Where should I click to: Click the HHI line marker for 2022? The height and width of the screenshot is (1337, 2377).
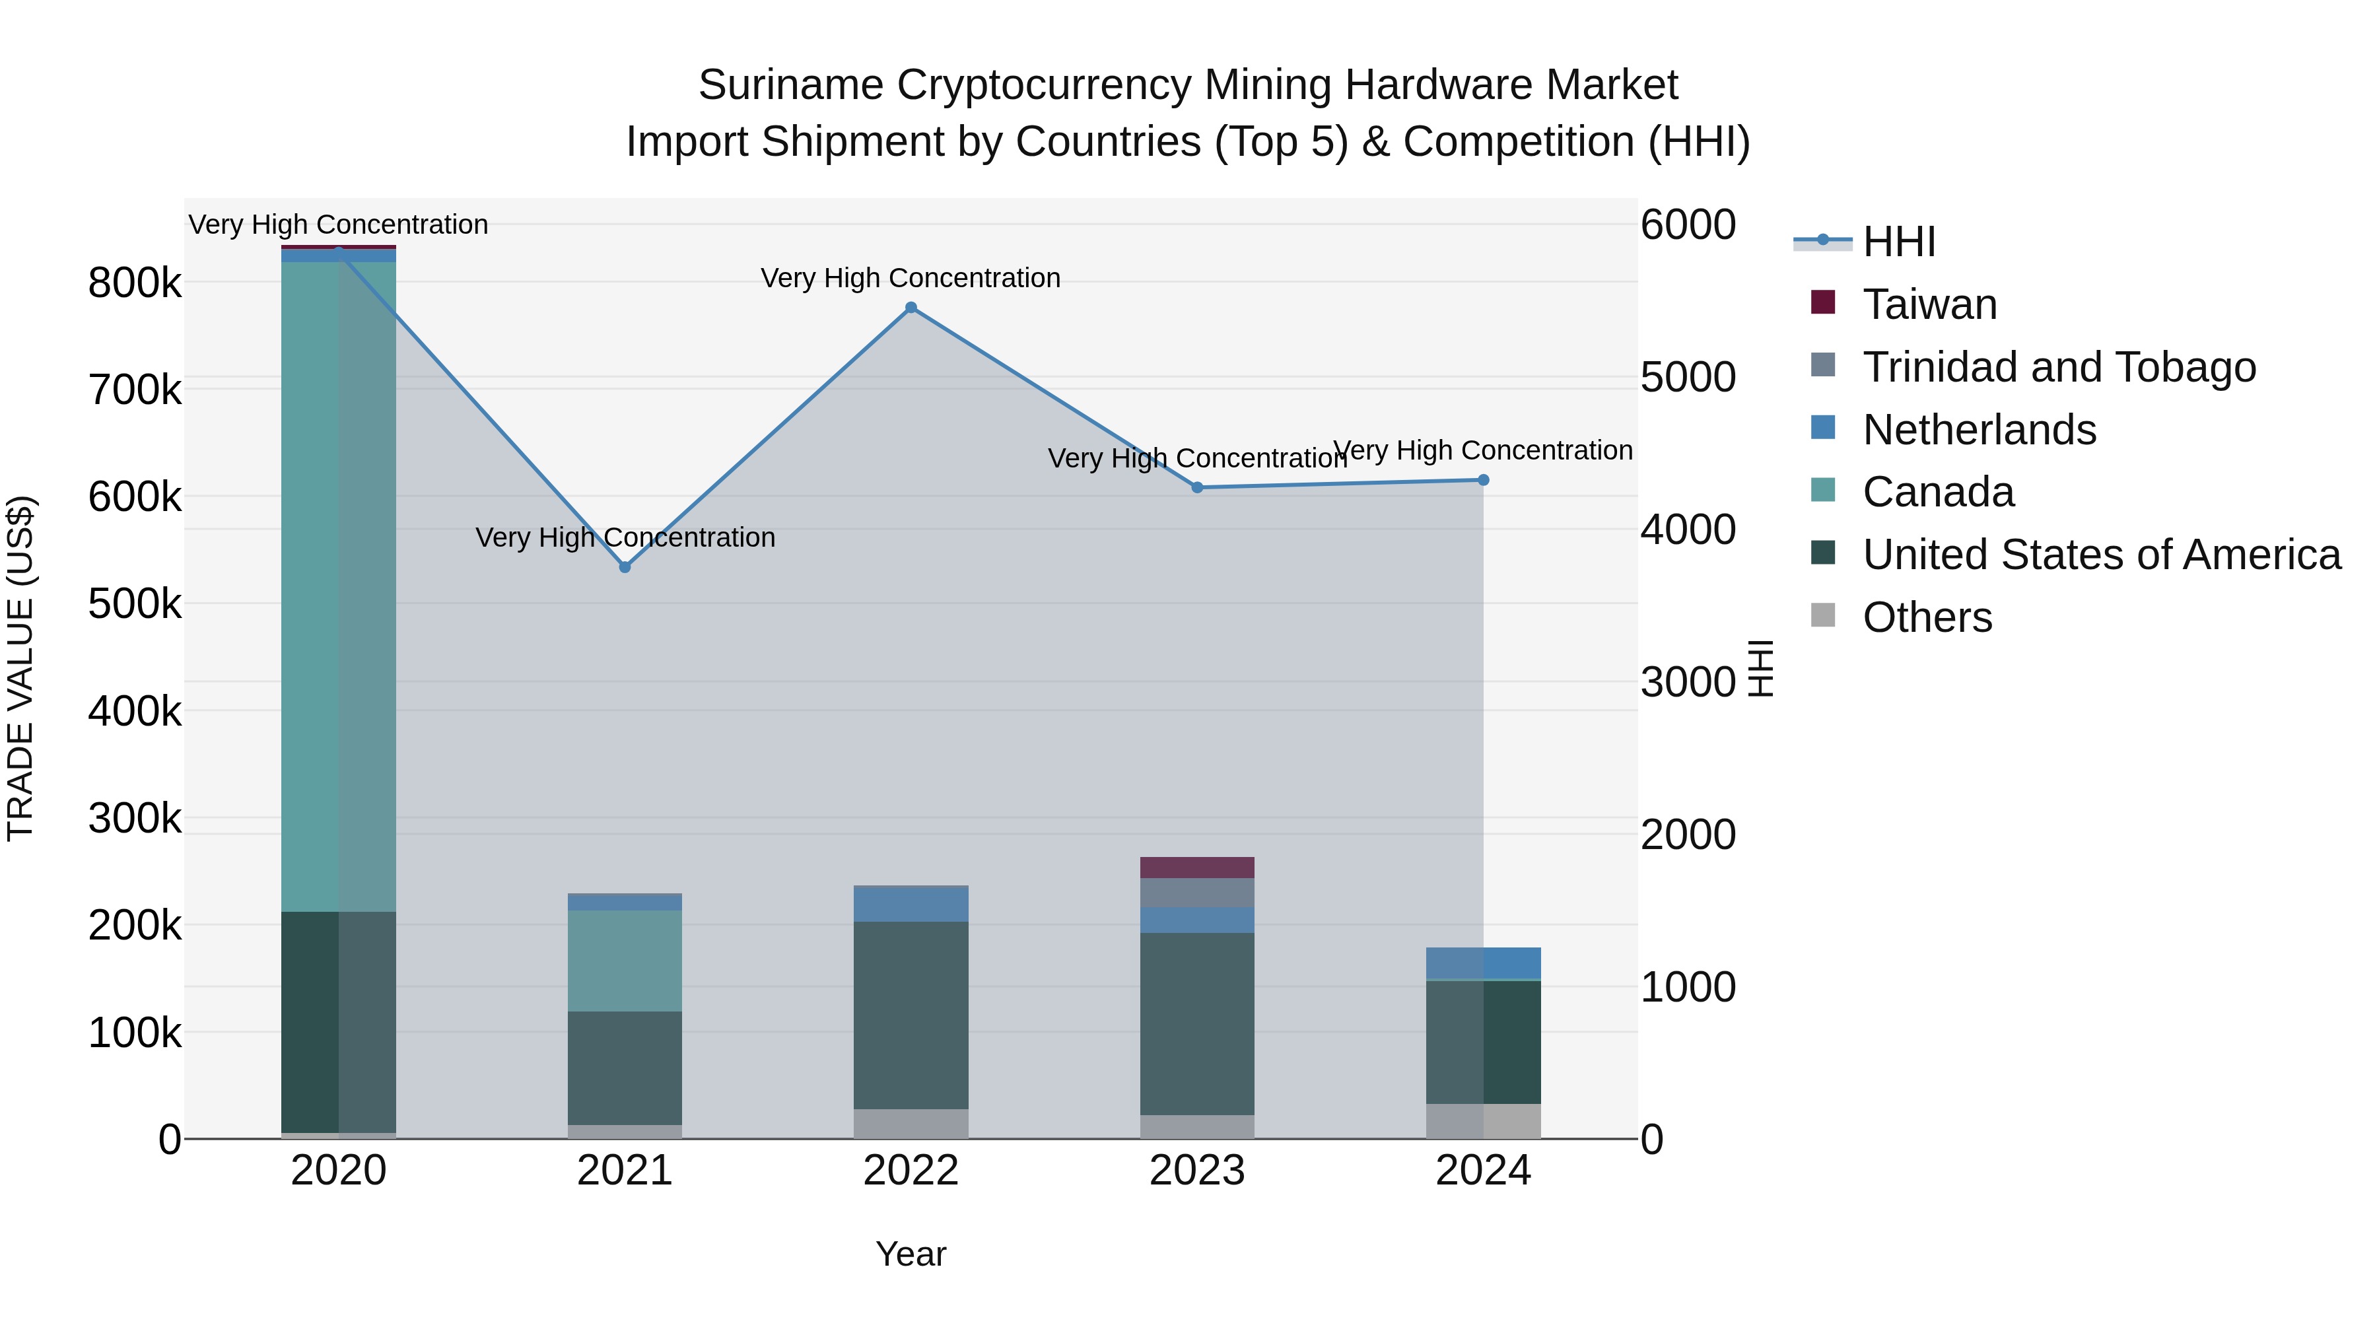(911, 307)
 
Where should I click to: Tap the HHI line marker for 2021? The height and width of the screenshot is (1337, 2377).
(625, 566)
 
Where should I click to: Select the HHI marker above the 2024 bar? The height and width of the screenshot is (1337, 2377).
(1483, 480)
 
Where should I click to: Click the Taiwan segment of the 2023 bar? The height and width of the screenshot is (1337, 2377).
(1197, 868)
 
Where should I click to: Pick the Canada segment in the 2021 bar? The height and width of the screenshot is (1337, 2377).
(625, 961)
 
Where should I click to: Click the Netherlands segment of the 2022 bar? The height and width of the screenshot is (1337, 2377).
(911, 903)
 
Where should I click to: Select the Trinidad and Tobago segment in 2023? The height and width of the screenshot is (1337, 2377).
(1197, 892)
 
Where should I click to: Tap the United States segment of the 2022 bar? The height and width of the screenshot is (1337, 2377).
(911, 1015)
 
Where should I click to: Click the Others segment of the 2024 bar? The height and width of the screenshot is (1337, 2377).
(1483, 1121)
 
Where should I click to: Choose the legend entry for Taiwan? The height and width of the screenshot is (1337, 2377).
(1929, 304)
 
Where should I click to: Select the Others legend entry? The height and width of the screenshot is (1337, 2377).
(1927, 617)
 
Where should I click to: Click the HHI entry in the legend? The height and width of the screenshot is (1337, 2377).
(1898, 242)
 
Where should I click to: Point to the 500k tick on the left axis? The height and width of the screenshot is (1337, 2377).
(135, 604)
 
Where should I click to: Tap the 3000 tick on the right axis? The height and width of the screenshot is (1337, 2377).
(1688, 682)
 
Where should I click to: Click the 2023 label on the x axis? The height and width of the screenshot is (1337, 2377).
(1197, 1171)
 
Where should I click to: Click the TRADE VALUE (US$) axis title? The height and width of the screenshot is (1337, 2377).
(20, 668)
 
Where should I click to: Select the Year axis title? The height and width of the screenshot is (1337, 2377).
(911, 1254)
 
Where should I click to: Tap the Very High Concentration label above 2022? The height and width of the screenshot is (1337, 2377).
(911, 278)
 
